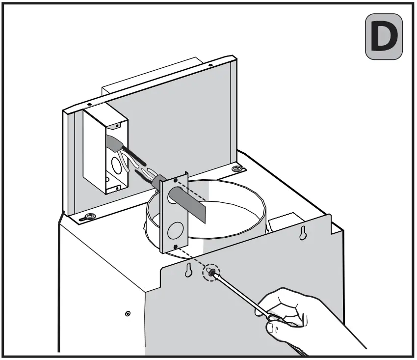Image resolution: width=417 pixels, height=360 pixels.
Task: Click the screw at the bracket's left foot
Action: (x=90, y=216)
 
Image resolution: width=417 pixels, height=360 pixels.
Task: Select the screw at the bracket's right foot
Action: (x=237, y=169)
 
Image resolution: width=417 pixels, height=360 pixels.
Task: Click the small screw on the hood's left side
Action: (x=128, y=313)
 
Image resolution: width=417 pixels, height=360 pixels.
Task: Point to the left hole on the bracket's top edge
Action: (x=89, y=104)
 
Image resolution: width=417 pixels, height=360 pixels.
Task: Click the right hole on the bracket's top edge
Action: (x=210, y=65)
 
